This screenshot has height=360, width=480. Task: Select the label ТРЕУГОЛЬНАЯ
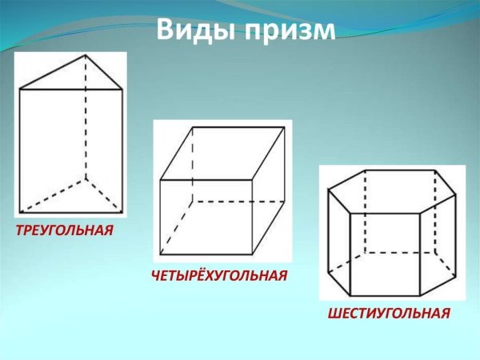click(62, 230)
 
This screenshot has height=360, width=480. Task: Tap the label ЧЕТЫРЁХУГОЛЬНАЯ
click(218, 276)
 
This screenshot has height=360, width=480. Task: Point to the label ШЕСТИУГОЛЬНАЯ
click(390, 312)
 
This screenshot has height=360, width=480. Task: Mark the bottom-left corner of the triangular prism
click(19, 213)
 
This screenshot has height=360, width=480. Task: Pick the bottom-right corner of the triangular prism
click(122, 213)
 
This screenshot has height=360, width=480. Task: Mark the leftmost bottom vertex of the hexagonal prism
click(330, 274)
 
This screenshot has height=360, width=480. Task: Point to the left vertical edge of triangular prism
click(19, 152)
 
